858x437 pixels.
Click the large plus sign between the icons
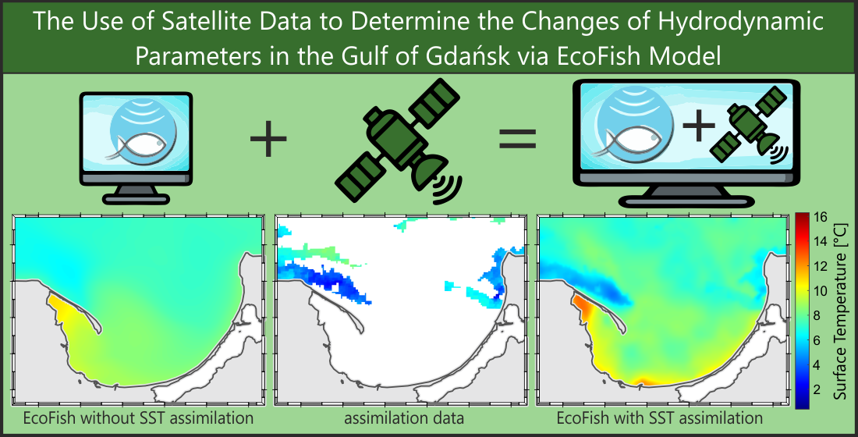268,138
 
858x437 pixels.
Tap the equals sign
518,139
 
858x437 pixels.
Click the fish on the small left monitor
140,147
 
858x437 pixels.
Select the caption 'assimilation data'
404,418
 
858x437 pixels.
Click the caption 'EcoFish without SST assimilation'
138,418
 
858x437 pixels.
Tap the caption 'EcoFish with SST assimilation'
659,418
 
